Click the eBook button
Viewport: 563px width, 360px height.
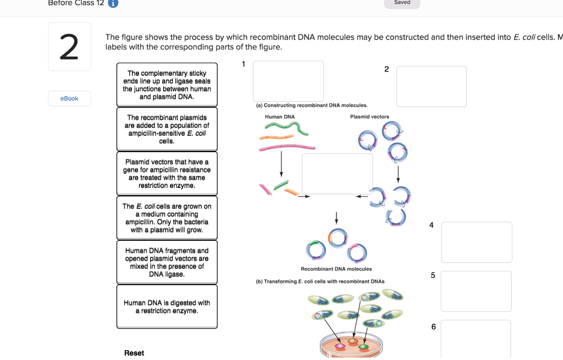click(69, 98)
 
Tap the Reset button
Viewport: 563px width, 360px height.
click(134, 353)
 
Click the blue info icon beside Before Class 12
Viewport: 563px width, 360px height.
click(113, 3)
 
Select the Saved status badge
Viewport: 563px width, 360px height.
click(402, 3)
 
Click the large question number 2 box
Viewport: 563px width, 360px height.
click(69, 47)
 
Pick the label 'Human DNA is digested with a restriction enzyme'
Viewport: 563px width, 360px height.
click(167, 307)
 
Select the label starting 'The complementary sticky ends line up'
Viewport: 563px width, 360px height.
click(167, 85)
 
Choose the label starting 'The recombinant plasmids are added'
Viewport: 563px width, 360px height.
click(167, 129)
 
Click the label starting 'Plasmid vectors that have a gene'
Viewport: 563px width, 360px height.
click(167, 174)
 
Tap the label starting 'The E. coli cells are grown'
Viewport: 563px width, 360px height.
click(167, 218)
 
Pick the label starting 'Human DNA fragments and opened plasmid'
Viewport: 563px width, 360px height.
click(167, 262)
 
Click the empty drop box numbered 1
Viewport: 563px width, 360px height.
click(288, 81)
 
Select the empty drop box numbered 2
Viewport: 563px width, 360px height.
click(431, 86)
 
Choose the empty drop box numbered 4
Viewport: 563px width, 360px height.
click(476, 242)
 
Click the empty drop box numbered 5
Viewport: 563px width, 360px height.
click(476, 291)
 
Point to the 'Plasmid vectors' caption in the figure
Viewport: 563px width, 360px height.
click(369, 117)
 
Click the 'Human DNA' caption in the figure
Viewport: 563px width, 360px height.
click(280, 117)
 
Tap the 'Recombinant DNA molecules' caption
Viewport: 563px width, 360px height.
click(336, 269)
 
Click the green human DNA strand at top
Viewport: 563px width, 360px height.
click(281, 128)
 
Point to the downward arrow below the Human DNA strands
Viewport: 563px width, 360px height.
click(281, 164)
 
